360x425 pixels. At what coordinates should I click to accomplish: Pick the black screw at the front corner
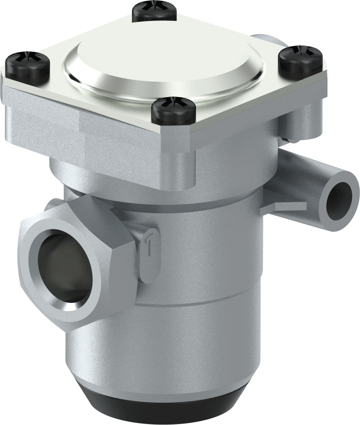click(173, 111)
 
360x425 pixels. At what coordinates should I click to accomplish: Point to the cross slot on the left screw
click(27, 61)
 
